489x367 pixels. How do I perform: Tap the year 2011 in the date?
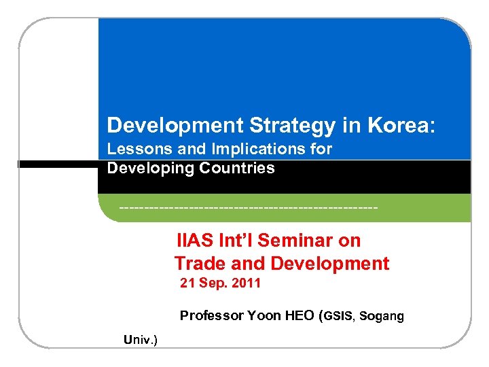tap(246, 283)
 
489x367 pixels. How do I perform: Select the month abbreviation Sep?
tap(213, 283)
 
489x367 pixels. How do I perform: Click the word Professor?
tap(211, 315)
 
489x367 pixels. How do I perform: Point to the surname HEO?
tap(295, 315)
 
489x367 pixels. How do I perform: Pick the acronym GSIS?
tap(338, 316)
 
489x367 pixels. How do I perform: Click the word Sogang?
tap(382, 316)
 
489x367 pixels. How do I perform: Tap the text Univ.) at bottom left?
tap(141, 339)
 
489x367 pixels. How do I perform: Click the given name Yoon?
tap(261, 315)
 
